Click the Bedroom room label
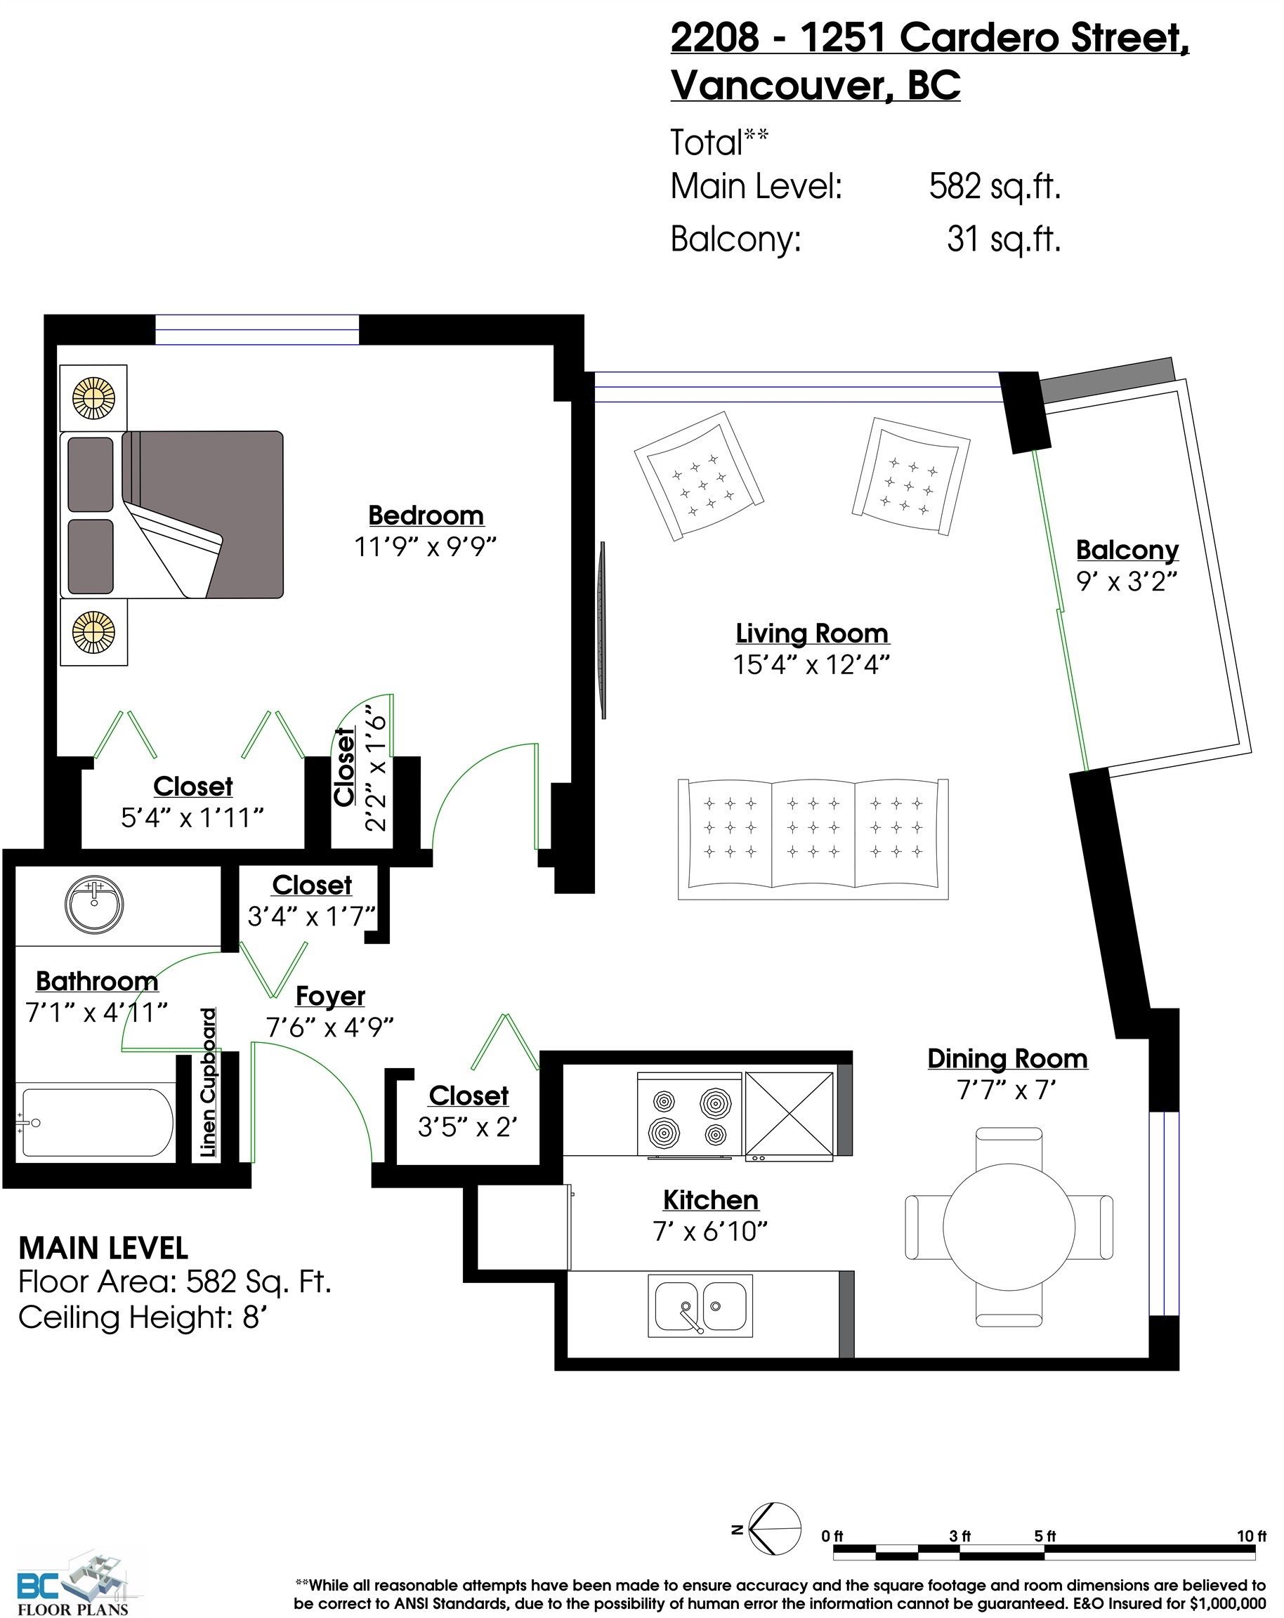pos(426,515)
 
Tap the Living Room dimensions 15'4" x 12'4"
pos(811,664)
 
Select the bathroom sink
pos(94,905)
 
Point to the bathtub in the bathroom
pos(96,1123)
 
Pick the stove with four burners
pos(690,1114)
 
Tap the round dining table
pos(1009,1227)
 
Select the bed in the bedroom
pos(172,515)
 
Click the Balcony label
pos(1127,550)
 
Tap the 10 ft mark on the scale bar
pos(1251,1537)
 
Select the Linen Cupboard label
pos(208,1082)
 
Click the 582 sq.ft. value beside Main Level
pos(995,186)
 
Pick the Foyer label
pos(330,996)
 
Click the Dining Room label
pos(1007,1058)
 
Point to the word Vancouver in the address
pos(781,85)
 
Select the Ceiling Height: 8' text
pos(143,1317)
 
